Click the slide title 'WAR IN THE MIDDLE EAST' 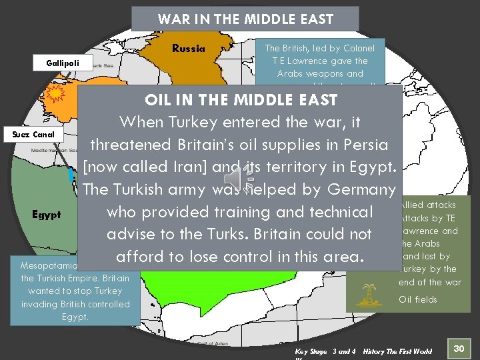tap(245, 19)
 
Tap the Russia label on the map tap(189, 48)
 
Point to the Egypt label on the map tap(47, 214)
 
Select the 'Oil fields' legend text tap(418, 299)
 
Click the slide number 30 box tap(458, 348)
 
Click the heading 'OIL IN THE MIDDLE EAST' tap(241, 100)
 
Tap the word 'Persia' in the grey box tap(363, 145)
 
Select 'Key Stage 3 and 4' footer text tap(325, 351)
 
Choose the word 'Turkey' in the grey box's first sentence tap(198, 122)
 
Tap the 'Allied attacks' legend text tap(428, 205)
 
